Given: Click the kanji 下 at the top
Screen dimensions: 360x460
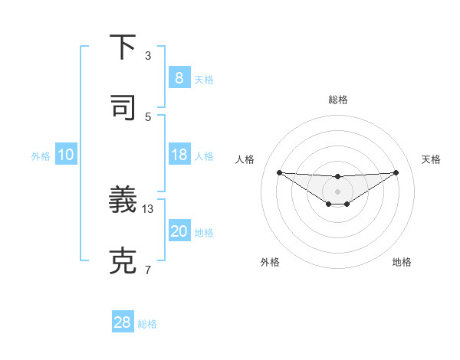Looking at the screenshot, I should click(x=123, y=48).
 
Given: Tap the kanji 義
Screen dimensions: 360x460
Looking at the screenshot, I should click(x=123, y=201).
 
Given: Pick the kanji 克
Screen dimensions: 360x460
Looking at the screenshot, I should click(x=123, y=261).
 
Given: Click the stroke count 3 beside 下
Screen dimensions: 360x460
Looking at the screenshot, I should click(x=148, y=56).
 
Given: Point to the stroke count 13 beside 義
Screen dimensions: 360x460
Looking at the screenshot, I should click(x=149, y=208).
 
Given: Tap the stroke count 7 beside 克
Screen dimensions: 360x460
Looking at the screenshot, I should click(x=148, y=269).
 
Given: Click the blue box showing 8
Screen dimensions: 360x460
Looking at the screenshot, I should click(x=179, y=78).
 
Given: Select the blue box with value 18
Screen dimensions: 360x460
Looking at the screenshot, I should click(x=179, y=155).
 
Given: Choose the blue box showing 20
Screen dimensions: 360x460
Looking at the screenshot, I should click(x=179, y=231).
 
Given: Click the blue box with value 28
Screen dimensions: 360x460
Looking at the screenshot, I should click(x=123, y=322).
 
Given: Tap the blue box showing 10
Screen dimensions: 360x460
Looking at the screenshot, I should click(x=65, y=155).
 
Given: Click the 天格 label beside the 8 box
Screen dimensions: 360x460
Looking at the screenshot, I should click(x=204, y=79).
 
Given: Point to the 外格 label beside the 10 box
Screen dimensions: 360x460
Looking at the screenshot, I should click(x=41, y=155).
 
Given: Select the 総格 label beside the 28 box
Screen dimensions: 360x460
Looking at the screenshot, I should click(x=147, y=323).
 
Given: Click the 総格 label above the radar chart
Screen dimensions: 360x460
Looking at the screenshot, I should click(x=337, y=100).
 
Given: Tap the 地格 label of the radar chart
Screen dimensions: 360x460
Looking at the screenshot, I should click(x=402, y=262).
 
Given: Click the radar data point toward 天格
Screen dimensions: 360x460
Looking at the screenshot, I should click(x=396, y=172).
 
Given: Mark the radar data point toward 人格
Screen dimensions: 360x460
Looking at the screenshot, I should click(x=279, y=172).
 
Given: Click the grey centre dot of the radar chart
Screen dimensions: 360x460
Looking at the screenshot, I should click(x=337, y=191).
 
